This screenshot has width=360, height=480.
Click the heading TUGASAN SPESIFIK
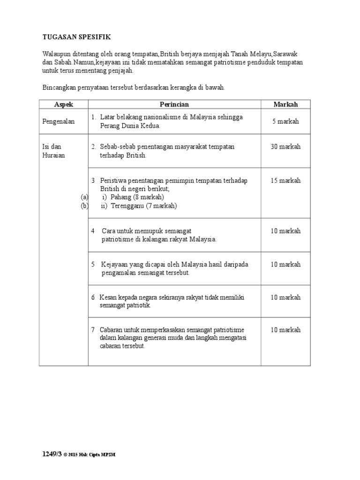[77, 36]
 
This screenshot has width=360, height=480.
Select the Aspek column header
[64, 105]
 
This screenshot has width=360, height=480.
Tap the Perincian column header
[174, 105]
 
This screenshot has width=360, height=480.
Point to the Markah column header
[285, 105]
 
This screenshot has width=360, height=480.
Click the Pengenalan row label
[59, 121]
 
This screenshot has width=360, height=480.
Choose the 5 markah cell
[285, 121]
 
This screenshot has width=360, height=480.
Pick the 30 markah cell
[285, 147]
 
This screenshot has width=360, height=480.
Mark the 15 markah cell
[285, 180]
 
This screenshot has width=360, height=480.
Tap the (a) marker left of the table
[84, 197]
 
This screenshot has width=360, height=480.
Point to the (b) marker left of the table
[84, 206]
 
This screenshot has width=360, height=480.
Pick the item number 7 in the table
[93, 330]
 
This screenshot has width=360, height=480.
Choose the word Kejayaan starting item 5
[116, 264]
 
